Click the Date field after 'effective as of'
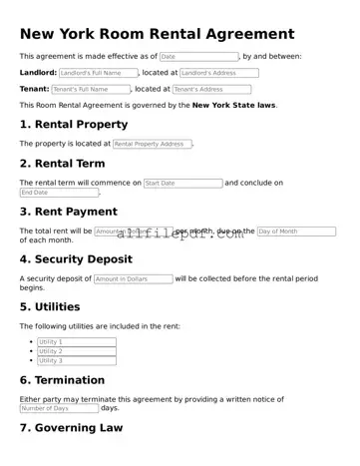tap(198, 57)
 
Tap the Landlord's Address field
tap(218, 73)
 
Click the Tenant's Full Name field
tap(90, 89)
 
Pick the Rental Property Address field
tap(152, 144)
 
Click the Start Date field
tap(182, 184)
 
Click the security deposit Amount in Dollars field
tap(133, 279)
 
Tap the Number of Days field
tap(59, 408)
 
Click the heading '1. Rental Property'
tap(74, 125)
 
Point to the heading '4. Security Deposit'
tap(76, 259)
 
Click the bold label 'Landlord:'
tap(38, 73)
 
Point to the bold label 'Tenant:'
tap(34, 89)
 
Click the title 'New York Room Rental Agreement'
tap(157, 35)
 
